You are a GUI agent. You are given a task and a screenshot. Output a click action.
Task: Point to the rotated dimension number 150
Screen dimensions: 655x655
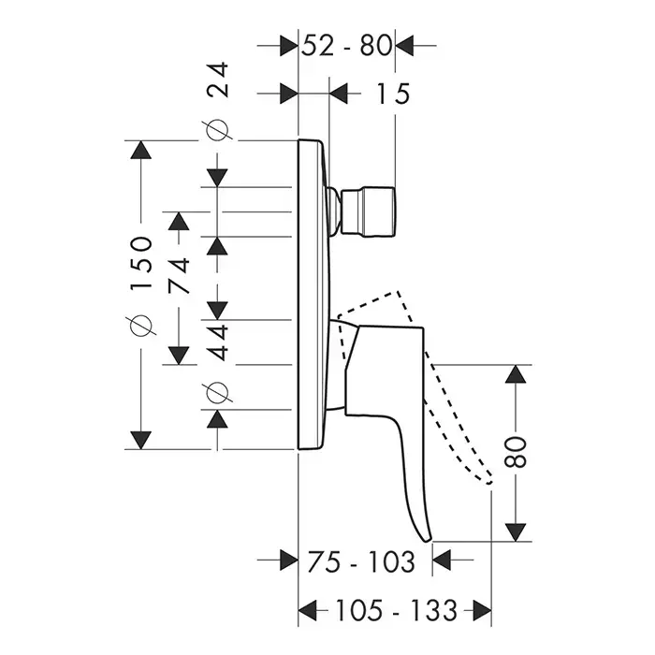tap(140, 265)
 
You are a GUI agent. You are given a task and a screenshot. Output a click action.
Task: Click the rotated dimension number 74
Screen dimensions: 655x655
tap(179, 276)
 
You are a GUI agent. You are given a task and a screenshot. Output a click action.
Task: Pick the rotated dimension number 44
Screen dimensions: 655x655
tap(218, 339)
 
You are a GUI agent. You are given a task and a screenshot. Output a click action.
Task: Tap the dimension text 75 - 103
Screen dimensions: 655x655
tap(360, 561)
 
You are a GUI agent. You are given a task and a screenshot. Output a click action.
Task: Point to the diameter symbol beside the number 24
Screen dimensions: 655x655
tap(218, 132)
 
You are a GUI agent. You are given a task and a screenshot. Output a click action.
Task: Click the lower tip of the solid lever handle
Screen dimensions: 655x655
tap(428, 537)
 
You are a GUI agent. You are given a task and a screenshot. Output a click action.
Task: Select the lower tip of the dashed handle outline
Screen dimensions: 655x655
tap(488, 479)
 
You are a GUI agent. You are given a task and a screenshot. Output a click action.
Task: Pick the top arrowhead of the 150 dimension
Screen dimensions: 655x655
tap(140, 151)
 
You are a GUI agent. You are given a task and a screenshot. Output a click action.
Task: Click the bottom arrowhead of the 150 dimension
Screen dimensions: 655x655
tap(140, 438)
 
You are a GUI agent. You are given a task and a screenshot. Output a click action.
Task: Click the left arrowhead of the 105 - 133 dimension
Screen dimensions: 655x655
tap(308, 612)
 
